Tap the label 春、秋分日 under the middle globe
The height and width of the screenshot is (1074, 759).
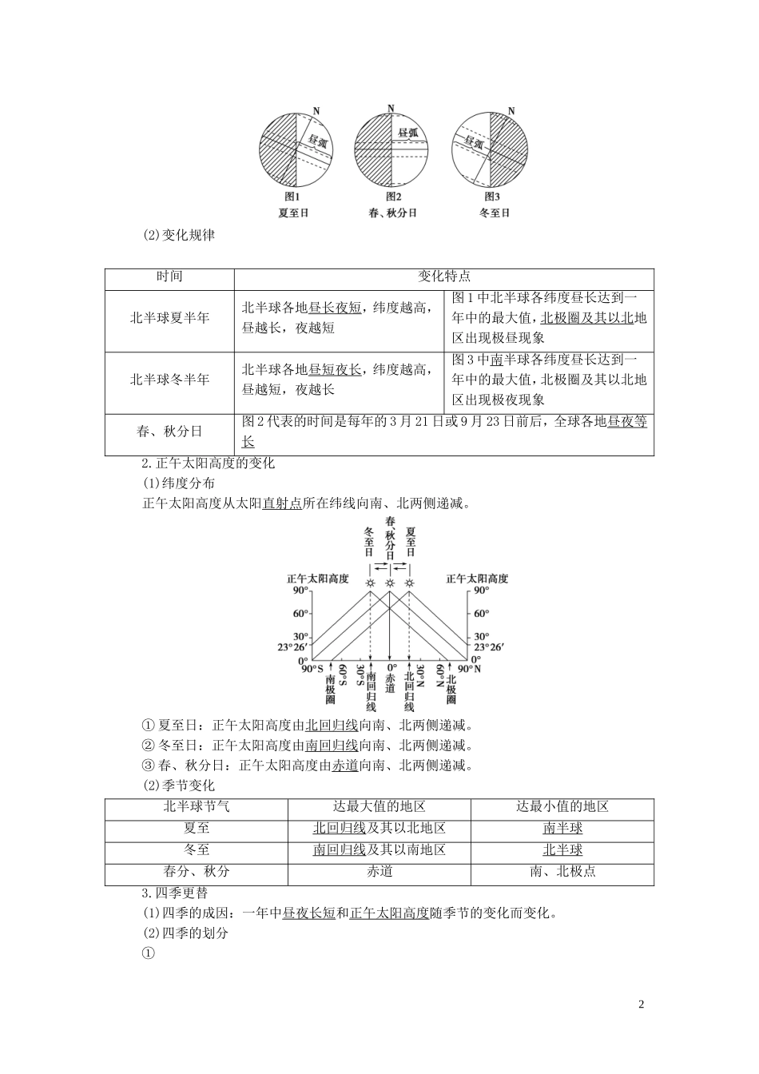[x=392, y=213]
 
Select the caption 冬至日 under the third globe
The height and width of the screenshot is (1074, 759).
[x=494, y=213]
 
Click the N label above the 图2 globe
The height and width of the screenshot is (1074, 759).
[x=391, y=108]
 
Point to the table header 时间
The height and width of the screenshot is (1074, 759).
[x=169, y=276]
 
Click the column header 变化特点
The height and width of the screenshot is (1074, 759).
[x=443, y=276]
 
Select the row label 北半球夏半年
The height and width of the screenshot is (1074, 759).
[x=169, y=318]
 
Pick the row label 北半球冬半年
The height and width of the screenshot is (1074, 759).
[x=169, y=380]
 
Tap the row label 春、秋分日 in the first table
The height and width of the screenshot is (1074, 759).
[x=169, y=432]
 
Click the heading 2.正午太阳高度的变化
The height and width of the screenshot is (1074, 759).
[x=208, y=463]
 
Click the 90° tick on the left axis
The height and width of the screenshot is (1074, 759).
[x=300, y=591]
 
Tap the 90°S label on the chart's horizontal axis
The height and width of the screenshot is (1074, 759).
[x=312, y=670]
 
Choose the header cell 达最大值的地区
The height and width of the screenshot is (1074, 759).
[x=379, y=807]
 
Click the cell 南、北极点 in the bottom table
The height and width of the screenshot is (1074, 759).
[x=562, y=872]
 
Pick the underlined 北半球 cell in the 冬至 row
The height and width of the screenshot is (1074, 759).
[x=562, y=850]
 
